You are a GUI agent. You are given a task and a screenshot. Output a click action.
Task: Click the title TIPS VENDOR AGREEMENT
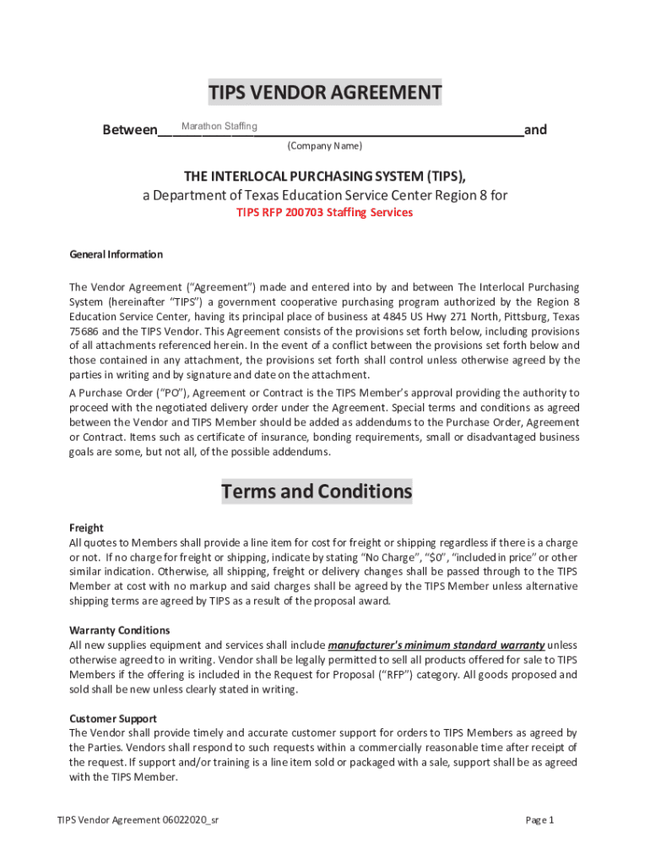tap(325, 92)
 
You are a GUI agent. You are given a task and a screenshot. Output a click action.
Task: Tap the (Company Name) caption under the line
tap(325, 146)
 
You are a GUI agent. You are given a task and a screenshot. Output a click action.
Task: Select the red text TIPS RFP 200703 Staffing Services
tap(324, 213)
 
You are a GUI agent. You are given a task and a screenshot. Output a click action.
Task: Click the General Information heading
tap(116, 254)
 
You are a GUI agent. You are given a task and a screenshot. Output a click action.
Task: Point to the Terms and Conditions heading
tap(317, 492)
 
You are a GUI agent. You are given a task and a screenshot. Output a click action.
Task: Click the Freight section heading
tap(86, 528)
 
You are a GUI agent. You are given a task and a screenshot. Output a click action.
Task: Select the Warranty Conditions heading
tap(119, 630)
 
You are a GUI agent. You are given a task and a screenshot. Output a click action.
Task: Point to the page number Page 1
tap(539, 820)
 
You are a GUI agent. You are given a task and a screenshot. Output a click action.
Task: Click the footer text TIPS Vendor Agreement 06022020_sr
tap(138, 820)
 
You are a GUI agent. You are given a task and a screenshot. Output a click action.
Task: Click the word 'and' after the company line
tap(535, 130)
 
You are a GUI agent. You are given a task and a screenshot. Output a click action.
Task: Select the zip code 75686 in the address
tap(84, 331)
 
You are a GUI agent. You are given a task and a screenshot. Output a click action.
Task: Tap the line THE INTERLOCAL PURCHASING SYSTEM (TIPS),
tap(325, 176)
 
